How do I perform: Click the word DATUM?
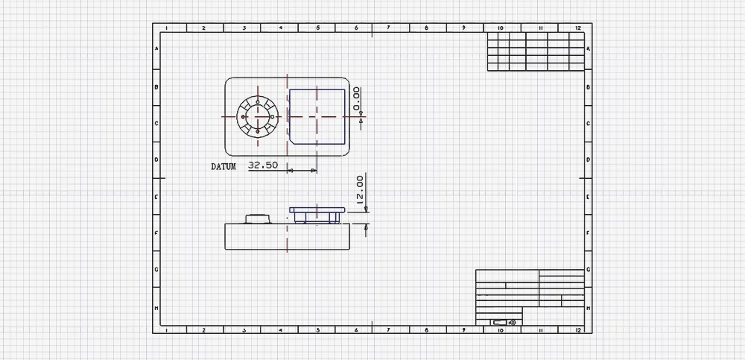pyautogui.click(x=223, y=167)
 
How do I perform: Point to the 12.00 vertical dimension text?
pyautogui.click(x=360, y=190)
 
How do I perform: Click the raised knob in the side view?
pyautogui.click(x=258, y=218)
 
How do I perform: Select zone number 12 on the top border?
pyautogui.click(x=578, y=28)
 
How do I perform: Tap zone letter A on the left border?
pyautogui.click(x=156, y=49)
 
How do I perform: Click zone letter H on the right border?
pyautogui.click(x=589, y=308)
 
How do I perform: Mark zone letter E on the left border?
pyautogui.click(x=156, y=197)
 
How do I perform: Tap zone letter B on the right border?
pyautogui.click(x=589, y=86)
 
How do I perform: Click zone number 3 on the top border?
pyautogui.click(x=244, y=28)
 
